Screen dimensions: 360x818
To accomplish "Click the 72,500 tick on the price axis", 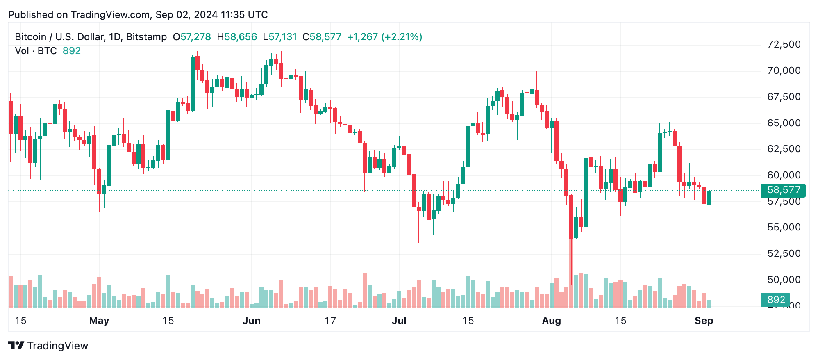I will point(783,44).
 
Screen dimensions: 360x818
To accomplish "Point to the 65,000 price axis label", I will point(783,123).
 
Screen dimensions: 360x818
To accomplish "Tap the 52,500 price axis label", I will point(783,253).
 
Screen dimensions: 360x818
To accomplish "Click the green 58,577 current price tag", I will point(783,190).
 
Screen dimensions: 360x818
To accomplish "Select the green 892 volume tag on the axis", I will point(775,300).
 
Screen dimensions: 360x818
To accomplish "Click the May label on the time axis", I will point(99,321).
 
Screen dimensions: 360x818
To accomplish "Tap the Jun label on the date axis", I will point(251,321).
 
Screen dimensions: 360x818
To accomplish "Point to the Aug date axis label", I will point(551,321).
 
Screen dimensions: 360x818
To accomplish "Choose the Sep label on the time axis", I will point(704,321).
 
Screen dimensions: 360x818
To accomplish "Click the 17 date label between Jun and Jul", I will point(330,321).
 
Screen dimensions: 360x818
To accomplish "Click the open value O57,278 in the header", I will point(192,37).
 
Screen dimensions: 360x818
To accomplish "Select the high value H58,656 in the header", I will point(237,37).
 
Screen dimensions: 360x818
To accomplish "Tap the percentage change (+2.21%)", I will point(402,37).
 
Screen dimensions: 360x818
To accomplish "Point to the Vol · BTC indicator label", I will point(36,51).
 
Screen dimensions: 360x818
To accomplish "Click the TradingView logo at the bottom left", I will point(48,346).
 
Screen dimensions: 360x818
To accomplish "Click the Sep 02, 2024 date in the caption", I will point(186,15).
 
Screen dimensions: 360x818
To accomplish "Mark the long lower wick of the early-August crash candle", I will point(571,262).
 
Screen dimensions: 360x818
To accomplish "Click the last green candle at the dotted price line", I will point(709,198).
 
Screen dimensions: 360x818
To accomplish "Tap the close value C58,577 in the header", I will point(322,37).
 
